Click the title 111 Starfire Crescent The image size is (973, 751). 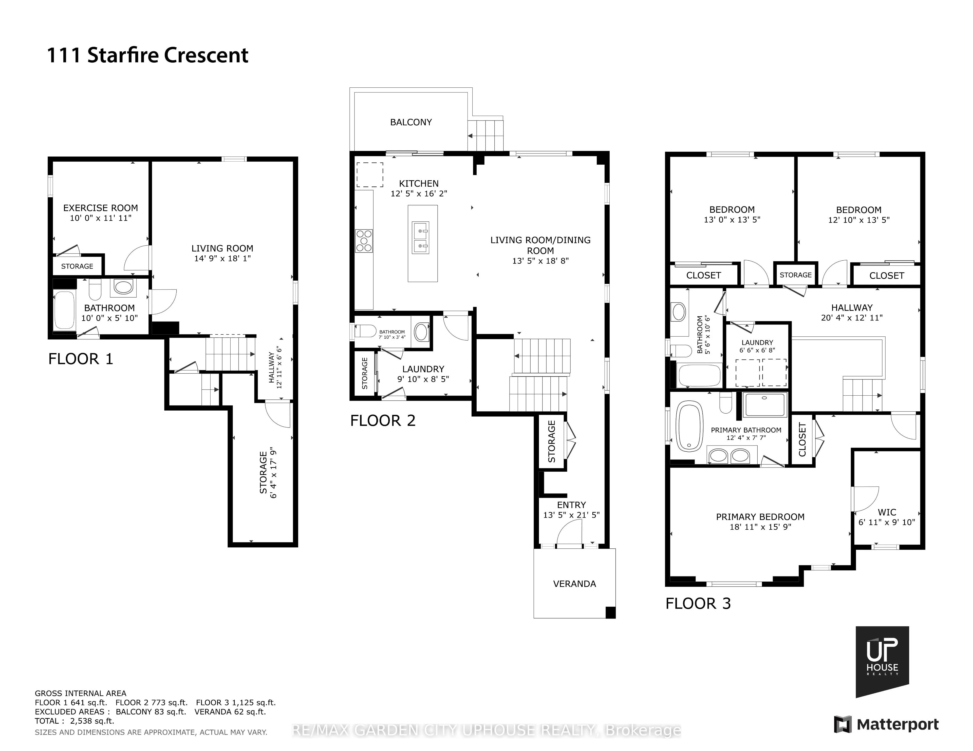coord(147,55)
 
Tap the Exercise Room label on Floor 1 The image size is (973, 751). coord(101,208)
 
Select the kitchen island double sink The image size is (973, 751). coord(420,237)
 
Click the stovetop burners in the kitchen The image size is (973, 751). coord(364,241)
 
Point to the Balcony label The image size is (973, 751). coord(411,122)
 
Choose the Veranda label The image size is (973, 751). coord(574,584)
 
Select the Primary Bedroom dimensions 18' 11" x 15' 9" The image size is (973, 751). coord(760,527)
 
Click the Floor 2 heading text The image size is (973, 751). coord(383,420)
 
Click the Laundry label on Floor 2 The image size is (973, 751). coord(423,369)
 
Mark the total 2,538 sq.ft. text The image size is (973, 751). coord(74,721)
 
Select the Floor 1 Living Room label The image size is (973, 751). coord(222,248)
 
